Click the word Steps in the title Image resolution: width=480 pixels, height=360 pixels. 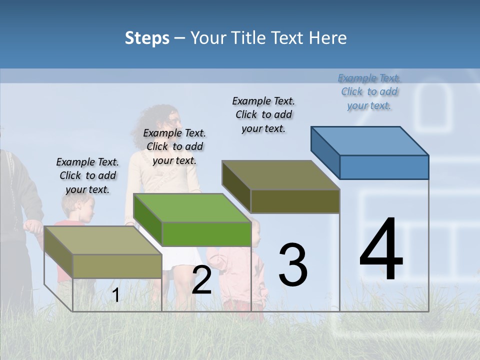146,38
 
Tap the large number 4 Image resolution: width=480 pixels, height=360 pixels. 381,250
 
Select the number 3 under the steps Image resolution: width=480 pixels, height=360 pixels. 292,265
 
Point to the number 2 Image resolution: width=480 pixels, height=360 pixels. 201,280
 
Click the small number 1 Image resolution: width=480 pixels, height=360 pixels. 115,295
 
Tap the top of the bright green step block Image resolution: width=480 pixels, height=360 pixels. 192,207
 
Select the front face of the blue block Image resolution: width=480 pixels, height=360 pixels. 384,167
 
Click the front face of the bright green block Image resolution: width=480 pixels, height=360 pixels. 206,234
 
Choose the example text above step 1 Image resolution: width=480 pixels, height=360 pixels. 87,175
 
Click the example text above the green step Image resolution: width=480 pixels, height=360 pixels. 174,146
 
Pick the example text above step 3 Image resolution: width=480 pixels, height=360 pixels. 263,114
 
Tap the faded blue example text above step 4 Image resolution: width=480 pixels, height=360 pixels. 369,91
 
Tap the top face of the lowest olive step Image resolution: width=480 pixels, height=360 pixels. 103,240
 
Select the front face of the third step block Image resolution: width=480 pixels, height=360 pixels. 295,201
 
